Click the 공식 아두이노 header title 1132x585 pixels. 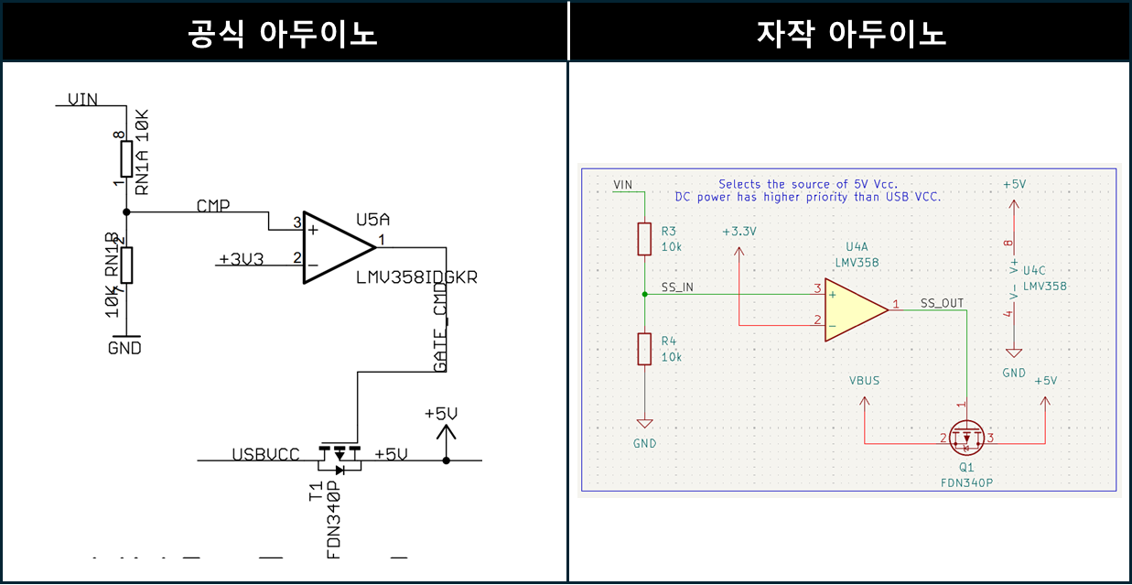coord(283,33)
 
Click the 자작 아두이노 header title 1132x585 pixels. coord(850,33)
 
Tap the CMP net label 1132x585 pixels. coord(213,206)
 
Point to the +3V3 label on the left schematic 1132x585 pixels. coord(242,259)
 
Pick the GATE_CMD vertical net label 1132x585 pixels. coord(440,328)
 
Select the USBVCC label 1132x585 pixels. coord(265,455)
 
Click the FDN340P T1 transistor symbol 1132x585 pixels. coord(340,455)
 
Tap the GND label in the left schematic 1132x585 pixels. coord(125,349)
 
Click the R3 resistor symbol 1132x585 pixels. coord(644,240)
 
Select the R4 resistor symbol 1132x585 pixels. coord(644,349)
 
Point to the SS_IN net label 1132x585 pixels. coord(677,287)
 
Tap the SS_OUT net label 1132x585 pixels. coord(942,303)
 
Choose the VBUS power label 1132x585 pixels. coord(864,380)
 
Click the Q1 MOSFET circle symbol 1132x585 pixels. coord(966,439)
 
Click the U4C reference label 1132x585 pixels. coord(1033,271)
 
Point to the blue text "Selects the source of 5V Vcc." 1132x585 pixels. coord(807,184)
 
